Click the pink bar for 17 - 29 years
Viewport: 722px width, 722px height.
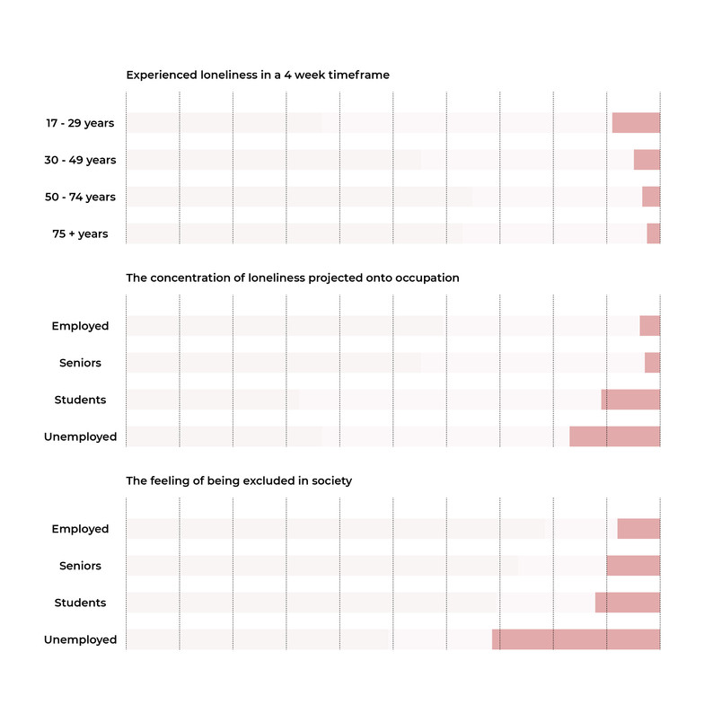coord(636,123)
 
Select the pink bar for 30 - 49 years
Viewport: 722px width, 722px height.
coord(647,160)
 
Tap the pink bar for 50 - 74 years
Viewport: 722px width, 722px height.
coord(651,197)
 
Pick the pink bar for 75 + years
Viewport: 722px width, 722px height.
coord(654,233)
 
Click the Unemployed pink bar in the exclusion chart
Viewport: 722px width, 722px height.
coord(576,639)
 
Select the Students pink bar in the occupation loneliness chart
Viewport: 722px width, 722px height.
coord(630,400)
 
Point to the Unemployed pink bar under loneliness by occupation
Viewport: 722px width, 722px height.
coord(615,436)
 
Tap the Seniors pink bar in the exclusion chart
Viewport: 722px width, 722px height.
coord(633,566)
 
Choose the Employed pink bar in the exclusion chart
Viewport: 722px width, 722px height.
coord(638,529)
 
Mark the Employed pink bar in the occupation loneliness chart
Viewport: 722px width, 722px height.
coord(649,326)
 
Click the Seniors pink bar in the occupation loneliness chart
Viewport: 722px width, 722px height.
coord(653,363)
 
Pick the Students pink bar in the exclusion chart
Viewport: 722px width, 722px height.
coord(628,603)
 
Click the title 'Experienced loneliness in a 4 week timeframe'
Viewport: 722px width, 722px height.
coord(258,75)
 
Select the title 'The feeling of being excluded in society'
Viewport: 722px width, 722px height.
coord(239,480)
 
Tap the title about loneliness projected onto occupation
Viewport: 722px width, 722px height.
coord(293,278)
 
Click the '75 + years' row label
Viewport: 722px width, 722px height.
coord(80,233)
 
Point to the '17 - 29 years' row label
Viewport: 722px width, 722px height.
coord(80,123)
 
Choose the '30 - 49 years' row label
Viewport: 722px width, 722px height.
coord(80,160)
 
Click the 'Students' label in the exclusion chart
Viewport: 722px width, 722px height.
coord(80,603)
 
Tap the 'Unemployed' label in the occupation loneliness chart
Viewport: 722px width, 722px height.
coord(80,437)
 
